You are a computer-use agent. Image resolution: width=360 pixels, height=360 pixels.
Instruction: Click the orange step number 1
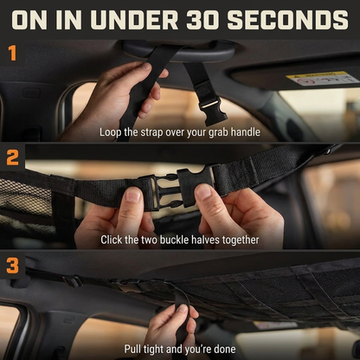12,53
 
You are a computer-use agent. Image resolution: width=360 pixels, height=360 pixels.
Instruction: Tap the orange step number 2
12,157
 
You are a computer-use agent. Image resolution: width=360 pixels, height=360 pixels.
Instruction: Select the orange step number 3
12,266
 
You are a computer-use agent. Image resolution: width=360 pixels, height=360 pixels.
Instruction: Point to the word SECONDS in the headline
287,20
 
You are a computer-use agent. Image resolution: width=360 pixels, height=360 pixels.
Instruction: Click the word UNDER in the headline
136,20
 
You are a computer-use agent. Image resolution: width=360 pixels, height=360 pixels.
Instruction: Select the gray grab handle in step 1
180,50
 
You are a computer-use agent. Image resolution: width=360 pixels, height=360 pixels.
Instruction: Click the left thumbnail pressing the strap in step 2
133,195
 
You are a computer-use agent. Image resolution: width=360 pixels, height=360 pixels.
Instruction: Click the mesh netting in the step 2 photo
26,202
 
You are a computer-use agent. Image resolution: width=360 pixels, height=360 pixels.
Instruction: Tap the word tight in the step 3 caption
155,350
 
